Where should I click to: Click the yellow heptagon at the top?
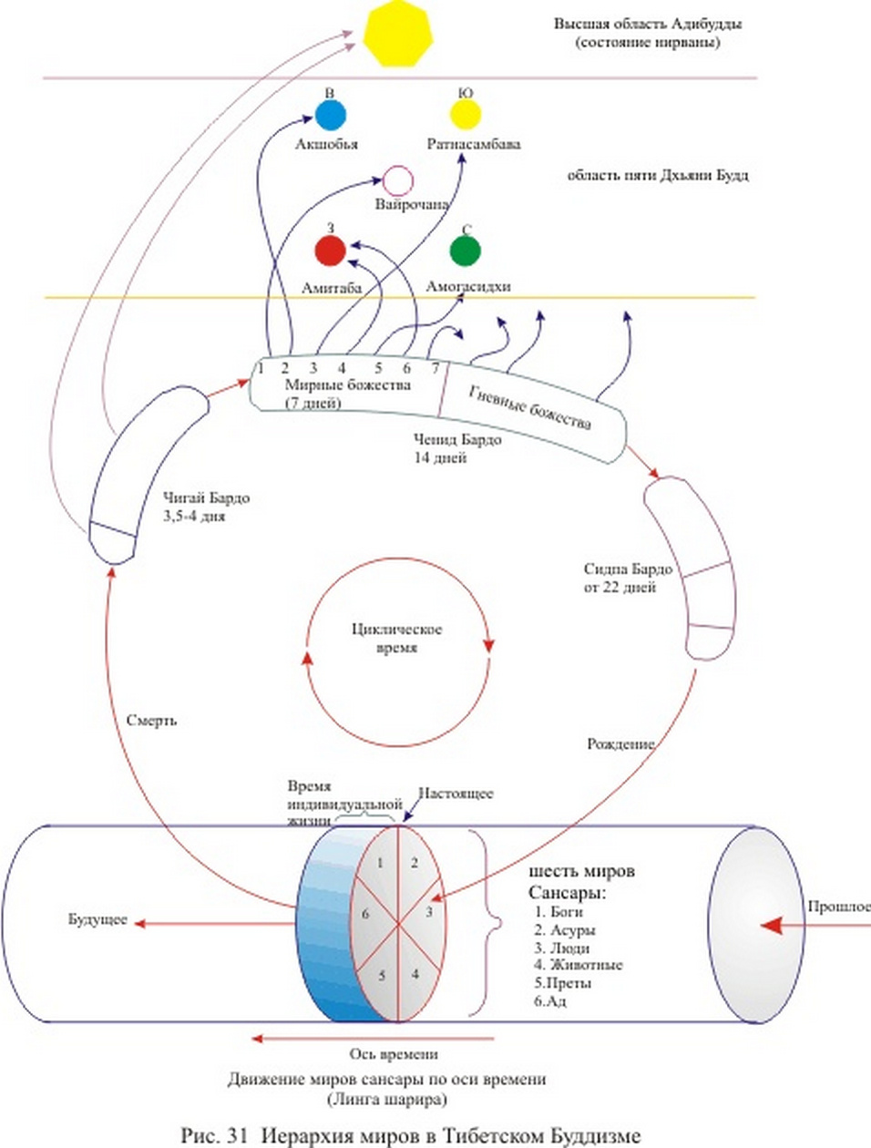396,33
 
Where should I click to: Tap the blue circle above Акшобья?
330,116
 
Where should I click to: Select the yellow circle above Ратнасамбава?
466,115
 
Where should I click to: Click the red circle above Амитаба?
330,251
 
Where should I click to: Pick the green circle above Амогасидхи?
466,251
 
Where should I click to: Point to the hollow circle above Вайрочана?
397,181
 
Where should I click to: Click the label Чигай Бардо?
206,498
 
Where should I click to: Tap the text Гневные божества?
529,406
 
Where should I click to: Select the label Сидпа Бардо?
628,569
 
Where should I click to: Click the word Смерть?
151,721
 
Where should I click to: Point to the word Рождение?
620,744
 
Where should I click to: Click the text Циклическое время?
396,638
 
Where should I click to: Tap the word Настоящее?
456,794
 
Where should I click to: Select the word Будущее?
97,919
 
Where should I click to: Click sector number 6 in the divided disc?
365,914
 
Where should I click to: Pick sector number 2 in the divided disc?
414,862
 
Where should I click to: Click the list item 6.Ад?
550,1000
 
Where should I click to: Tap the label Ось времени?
394,1054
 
